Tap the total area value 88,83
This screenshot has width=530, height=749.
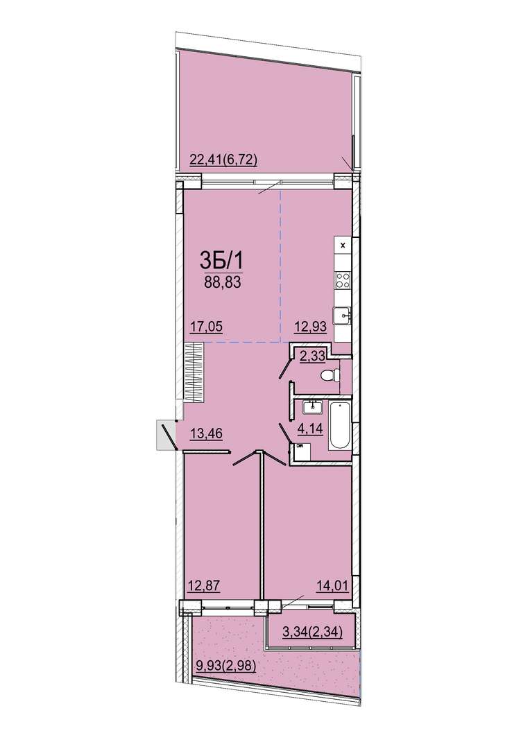tap(222, 282)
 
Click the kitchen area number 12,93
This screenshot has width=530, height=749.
tap(309, 327)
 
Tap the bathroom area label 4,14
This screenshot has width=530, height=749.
tap(310, 429)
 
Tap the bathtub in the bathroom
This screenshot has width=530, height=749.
tap(339, 425)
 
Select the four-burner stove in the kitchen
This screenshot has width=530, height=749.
tap(343, 279)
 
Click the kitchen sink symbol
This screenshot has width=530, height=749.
tap(343, 316)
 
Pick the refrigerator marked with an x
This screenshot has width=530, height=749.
tap(343, 246)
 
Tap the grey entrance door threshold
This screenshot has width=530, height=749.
tap(165, 435)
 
